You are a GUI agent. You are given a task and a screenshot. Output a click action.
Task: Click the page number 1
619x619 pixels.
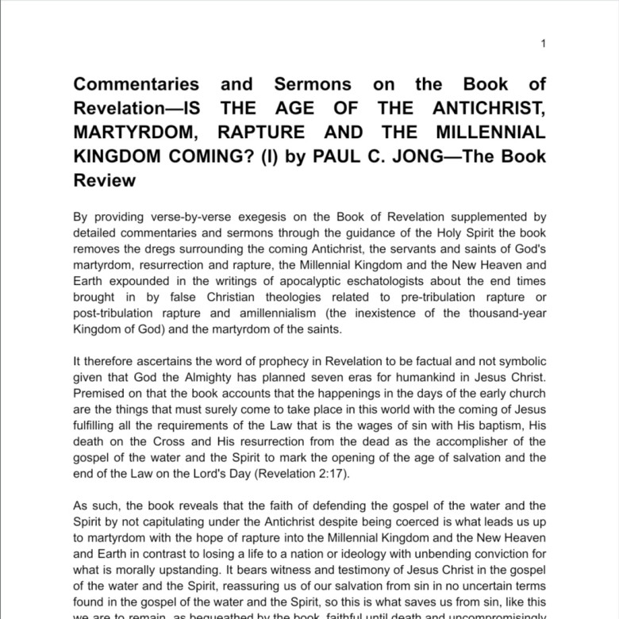(x=543, y=44)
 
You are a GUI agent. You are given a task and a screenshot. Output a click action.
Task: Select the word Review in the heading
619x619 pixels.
(x=105, y=180)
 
